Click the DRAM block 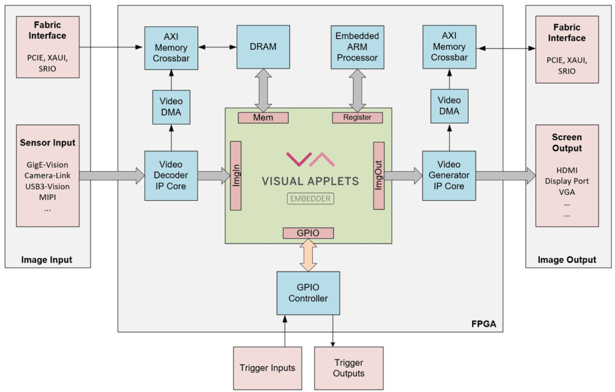262,46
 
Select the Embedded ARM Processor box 357,47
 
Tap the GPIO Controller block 308,293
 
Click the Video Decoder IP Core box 171,175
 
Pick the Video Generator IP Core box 449,175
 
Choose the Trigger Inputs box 267,367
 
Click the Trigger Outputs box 348,367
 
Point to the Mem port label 263,118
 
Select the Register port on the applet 357,118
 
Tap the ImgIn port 235,176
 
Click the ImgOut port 378,176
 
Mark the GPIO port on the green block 308,233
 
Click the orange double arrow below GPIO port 308,254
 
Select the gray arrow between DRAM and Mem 263,90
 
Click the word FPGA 484,325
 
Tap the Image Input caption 47,260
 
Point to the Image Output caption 567,260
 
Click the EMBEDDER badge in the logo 311,198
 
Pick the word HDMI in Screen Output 566,170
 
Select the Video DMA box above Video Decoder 171,106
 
